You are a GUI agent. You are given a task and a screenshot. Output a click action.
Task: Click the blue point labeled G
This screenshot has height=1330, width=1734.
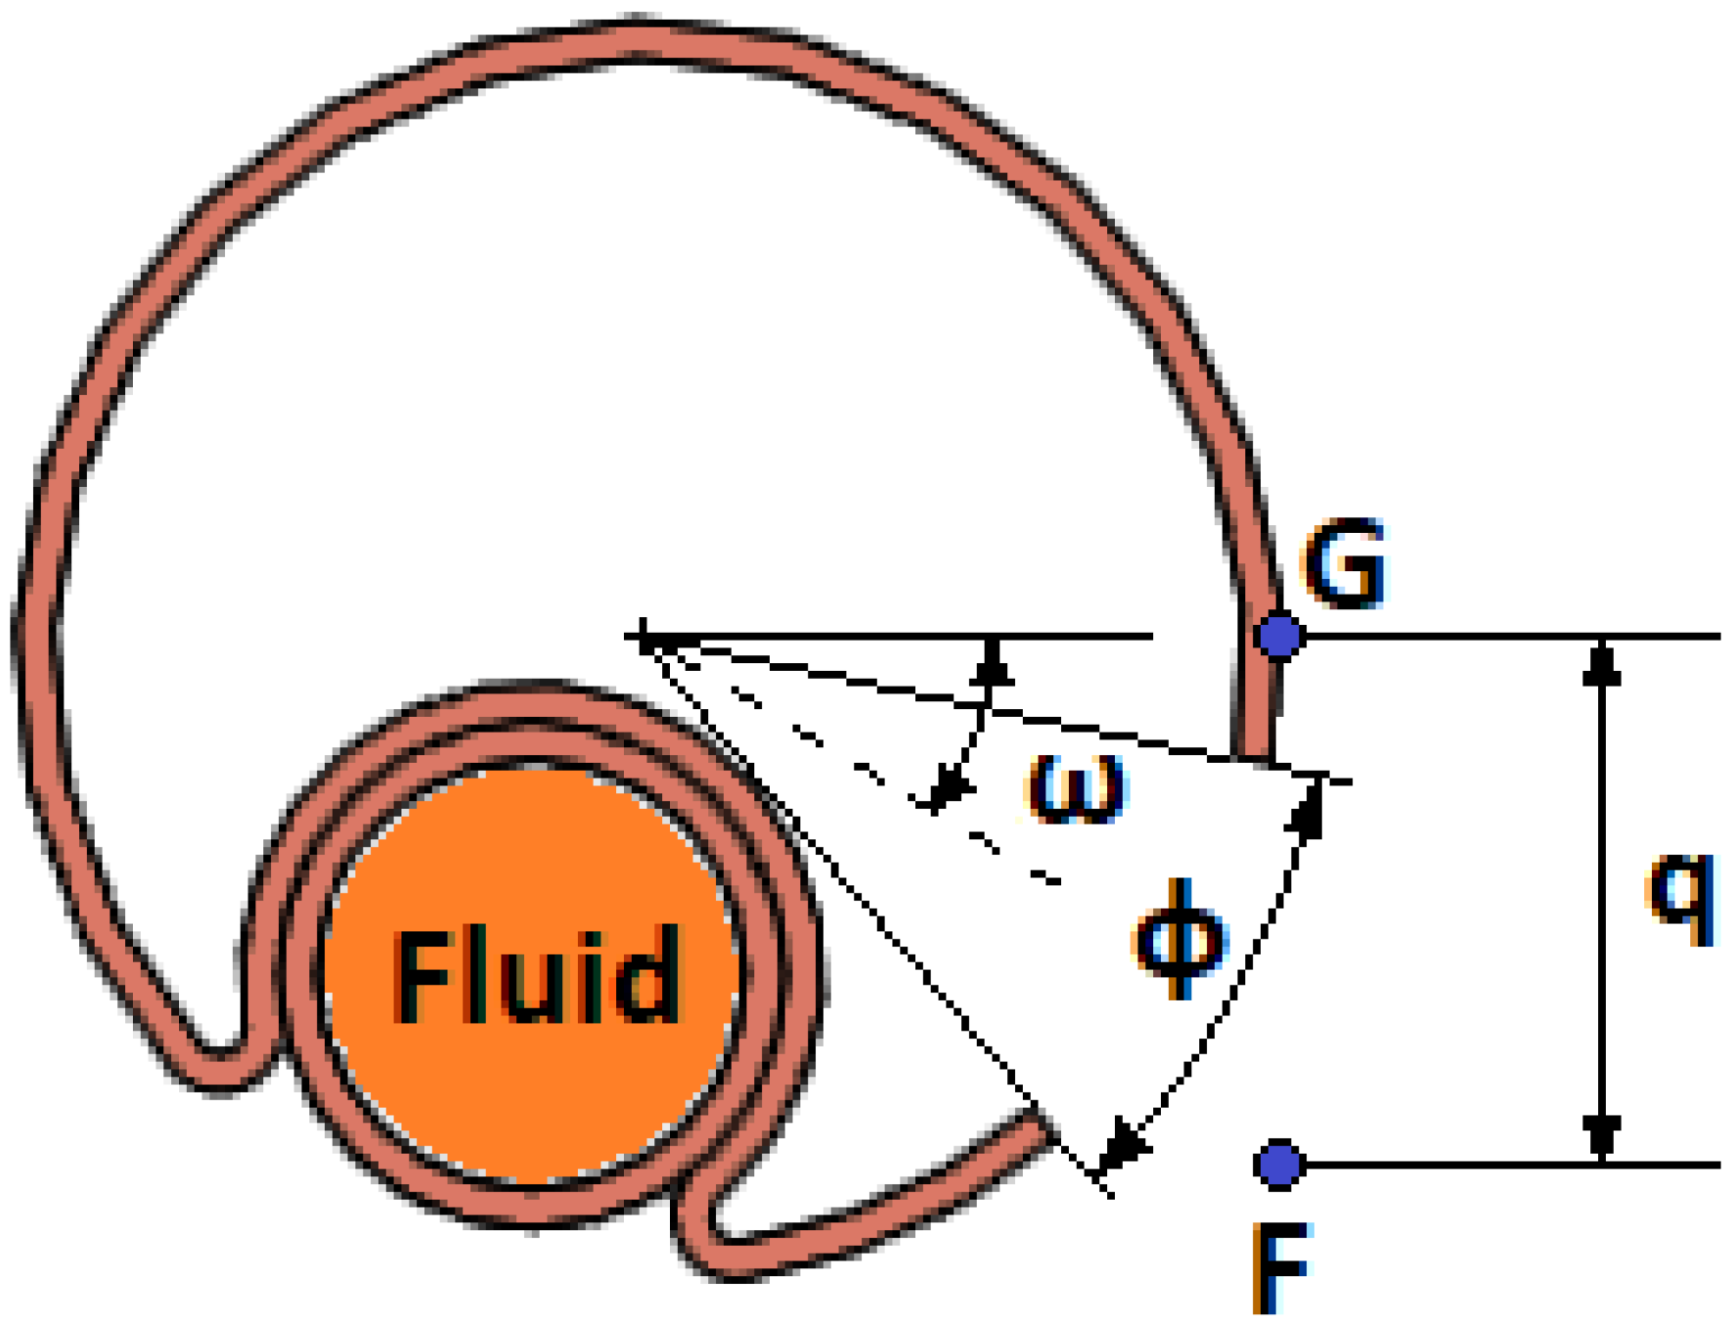(x=1279, y=636)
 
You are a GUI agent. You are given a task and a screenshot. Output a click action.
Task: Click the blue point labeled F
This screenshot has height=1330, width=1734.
(x=1279, y=1165)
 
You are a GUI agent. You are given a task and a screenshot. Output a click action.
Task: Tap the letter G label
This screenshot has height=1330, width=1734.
(x=1346, y=564)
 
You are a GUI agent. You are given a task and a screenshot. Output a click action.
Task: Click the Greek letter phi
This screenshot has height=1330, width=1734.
(x=1179, y=939)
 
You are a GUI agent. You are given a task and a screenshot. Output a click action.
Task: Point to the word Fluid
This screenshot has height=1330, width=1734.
(x=537, y=975)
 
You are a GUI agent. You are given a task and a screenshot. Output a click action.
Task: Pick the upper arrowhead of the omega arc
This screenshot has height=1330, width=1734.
(x=993, y=662)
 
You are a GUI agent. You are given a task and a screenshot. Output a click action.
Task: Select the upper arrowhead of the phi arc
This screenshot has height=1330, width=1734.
(x=1309, y=808)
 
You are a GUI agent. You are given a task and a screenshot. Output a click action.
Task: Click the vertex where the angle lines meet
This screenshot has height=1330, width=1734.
(x=645, y=638)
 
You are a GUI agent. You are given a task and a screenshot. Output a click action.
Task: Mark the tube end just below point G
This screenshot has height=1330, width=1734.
(x=1255, y=753)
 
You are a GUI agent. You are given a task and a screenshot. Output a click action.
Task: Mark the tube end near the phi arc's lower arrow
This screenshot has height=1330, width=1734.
(x=1044, y=1127)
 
